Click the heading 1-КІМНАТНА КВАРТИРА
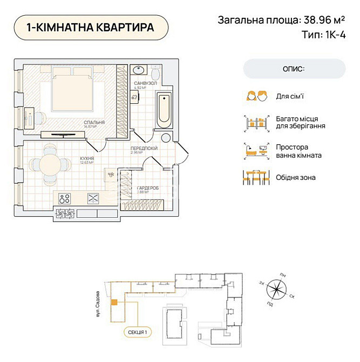pyautogui.click(x=90, y=27)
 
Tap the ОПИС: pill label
pyautogui.click(x=294, y=69)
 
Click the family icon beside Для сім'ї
pyautogui.click(x=256, y=97)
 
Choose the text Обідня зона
pyautogui.click(x=296, y=177)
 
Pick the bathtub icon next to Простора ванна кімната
pyautogui.click(x=256, y=151)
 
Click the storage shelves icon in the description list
pyautogui.click(x=256, y=123)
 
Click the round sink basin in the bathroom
pyautogui.click(x=139, y=71)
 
